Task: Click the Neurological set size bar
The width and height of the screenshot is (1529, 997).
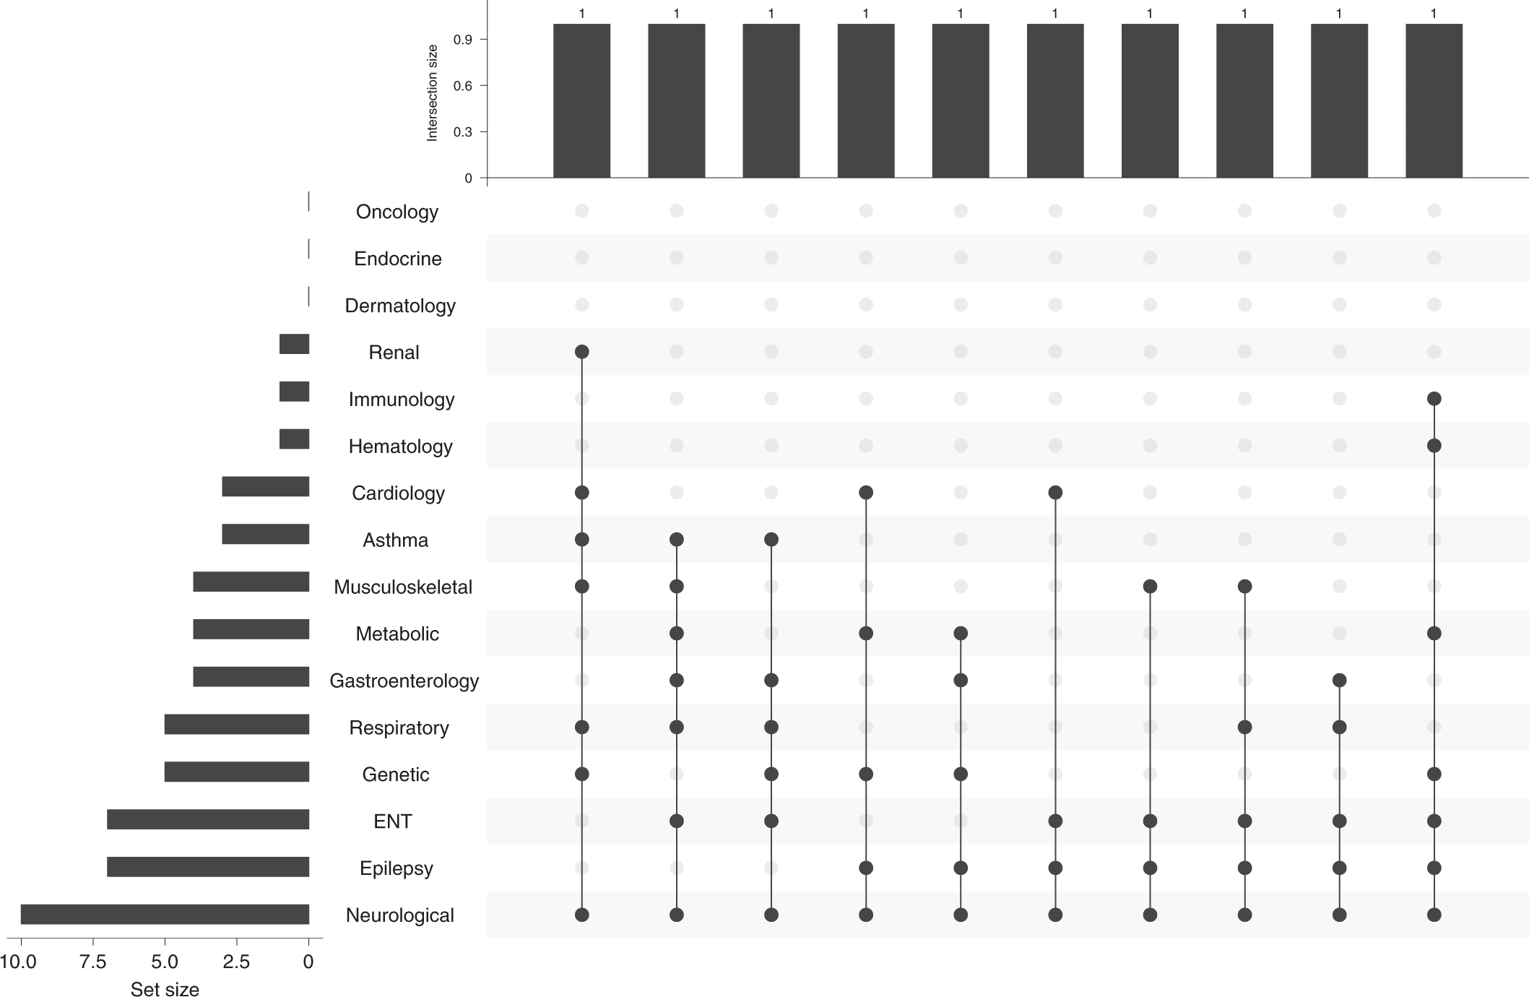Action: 165,914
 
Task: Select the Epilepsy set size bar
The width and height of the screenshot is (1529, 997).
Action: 208,867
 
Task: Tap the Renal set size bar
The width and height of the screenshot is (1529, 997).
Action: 294,344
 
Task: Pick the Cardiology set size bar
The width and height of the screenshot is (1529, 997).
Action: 265,486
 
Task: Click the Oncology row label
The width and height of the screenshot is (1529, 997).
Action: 397,212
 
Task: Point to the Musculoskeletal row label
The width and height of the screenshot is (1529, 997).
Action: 402,587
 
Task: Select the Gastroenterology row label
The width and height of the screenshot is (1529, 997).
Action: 404,681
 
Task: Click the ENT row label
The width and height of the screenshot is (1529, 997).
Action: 392,821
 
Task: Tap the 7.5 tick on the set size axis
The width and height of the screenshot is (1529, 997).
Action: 93,962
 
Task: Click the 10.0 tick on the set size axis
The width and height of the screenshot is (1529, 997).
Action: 19,962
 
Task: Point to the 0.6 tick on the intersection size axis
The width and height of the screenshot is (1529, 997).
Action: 462,86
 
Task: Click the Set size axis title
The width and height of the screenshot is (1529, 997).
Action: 165,989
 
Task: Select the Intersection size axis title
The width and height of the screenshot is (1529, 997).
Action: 433,92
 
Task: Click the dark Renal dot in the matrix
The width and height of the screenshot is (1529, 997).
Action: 581,352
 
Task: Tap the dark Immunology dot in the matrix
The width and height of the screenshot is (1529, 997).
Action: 1434,399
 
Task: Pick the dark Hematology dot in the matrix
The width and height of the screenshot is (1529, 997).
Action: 1434,446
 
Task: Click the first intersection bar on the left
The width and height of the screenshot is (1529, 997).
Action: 581,101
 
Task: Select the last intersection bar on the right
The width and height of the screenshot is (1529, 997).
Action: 1434,101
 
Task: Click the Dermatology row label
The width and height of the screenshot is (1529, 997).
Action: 399,306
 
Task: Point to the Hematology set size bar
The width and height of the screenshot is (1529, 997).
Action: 294,439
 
